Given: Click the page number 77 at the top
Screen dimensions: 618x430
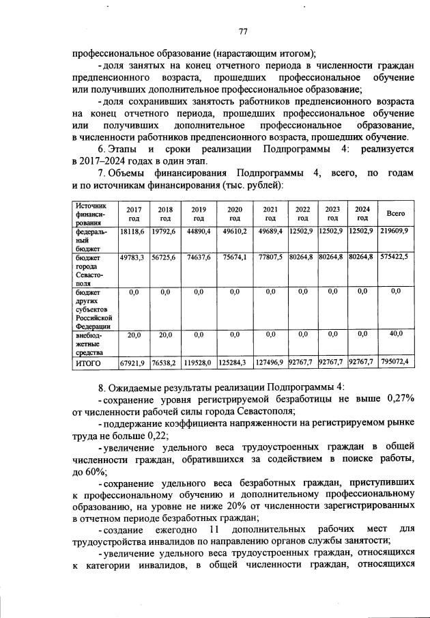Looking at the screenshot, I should click(242, 31).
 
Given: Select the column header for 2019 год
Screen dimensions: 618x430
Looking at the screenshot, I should click(199, 214).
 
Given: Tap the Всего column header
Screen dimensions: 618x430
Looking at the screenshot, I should click(396, 214).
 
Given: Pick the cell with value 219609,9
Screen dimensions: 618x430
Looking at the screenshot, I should click(396, 233).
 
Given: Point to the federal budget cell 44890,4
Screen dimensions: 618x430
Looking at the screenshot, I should click(199, 233).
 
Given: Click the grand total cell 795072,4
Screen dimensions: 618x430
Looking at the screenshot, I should click(396, 362).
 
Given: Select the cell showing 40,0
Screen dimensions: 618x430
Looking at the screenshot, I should click(396, 333).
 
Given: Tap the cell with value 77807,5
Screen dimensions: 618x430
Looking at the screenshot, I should click(270, 259).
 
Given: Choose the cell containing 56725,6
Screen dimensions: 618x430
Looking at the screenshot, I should click(165, 259).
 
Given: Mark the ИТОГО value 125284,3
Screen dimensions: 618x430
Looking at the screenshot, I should click(234, 363).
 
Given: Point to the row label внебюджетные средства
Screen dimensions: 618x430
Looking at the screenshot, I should click(91, 343).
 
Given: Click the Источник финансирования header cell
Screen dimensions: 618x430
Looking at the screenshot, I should click(91, 214).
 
